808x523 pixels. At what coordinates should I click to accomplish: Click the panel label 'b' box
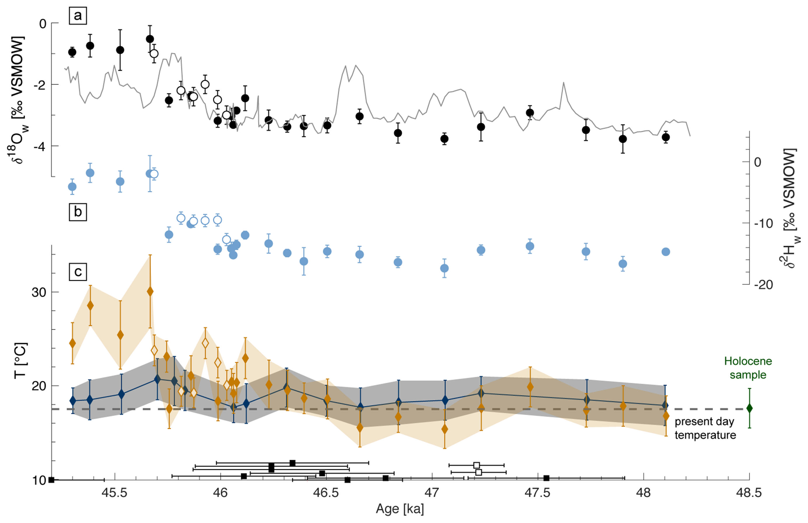(x=78, y=212)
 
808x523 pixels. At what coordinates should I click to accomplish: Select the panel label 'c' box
(x=78, y=272)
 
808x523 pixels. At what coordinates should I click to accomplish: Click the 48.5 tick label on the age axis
(x=748, y=493)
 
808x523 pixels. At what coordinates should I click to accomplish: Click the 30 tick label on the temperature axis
(x=39, y=292)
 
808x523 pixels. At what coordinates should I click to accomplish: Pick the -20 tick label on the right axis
(x=763, y=285)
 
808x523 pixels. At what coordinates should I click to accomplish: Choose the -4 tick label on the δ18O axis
(x=40, y=147)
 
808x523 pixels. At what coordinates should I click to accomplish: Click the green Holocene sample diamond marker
(x=749, y=409)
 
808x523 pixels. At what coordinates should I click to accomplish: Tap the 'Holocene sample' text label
(x=748, y=368)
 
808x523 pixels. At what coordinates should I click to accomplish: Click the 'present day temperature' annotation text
(x=705, y=428)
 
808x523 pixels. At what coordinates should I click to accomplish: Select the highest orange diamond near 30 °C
(x=150, y=292)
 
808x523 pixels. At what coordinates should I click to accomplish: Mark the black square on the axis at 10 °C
(x=51, y=480)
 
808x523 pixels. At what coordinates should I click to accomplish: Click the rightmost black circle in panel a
(x=665, y=137)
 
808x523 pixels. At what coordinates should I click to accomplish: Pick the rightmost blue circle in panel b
(x=665, y=252)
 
